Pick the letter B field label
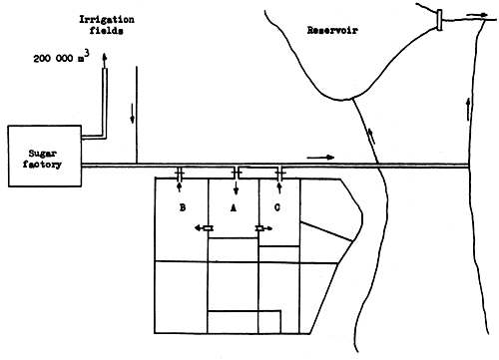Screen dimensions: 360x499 tap(183, 208)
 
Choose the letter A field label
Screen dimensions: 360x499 tap(234, 208)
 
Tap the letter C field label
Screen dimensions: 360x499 tap(279, 208)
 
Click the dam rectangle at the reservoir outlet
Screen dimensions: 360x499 tap(439, 19)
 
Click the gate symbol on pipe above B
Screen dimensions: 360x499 tap(180, 173)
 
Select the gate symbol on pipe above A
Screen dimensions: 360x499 tap(236, 173)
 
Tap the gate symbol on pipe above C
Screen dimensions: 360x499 tap(279, 173)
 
